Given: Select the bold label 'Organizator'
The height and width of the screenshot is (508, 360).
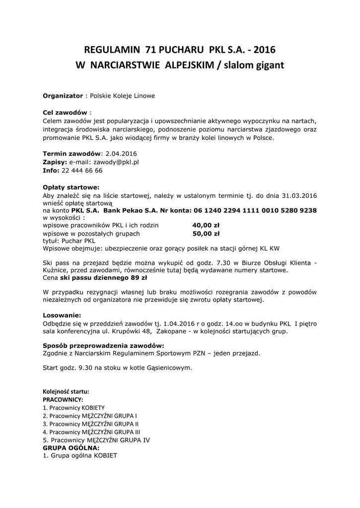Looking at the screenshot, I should coord(63,95).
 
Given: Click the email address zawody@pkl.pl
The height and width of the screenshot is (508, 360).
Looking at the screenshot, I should coord(104,162).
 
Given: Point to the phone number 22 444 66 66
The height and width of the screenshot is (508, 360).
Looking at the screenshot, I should coord(82,170).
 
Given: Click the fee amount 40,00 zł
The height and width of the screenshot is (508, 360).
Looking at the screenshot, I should coord(206,225).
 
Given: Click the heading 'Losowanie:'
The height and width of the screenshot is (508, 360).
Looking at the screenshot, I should coord(62,315).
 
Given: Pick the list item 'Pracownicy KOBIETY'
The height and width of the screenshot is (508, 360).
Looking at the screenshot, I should coord(74,407).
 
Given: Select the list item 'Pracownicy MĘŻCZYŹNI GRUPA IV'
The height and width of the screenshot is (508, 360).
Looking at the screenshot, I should coord(96,440).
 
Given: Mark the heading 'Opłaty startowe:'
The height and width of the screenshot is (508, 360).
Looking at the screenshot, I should coord(71,187).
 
